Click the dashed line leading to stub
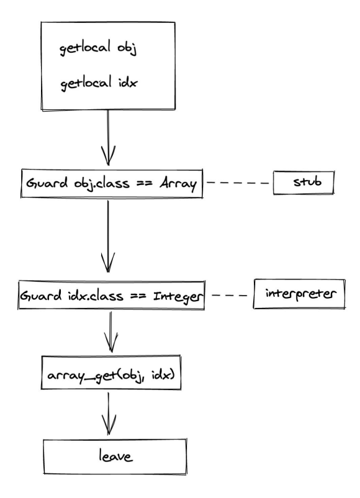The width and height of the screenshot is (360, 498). click(x=238, y=184)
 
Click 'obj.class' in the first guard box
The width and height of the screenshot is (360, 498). click(x=88, y=185)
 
